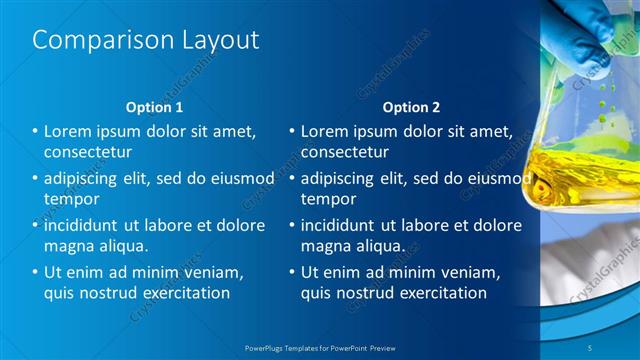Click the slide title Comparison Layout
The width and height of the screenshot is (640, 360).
click(146, 40)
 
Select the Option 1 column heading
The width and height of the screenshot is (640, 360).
click(155, 107)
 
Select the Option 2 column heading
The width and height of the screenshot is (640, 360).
click(411, 107)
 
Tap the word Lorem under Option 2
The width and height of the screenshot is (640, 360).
click(326, 131)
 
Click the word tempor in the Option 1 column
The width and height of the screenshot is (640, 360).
click(72, 199)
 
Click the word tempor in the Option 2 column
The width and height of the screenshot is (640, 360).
click(328, 199)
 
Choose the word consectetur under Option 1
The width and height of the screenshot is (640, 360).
click(89, 152)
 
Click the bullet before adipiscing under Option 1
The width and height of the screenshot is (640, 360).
click(35, 178)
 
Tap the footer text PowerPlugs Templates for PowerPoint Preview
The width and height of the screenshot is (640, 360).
click(320, 346)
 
